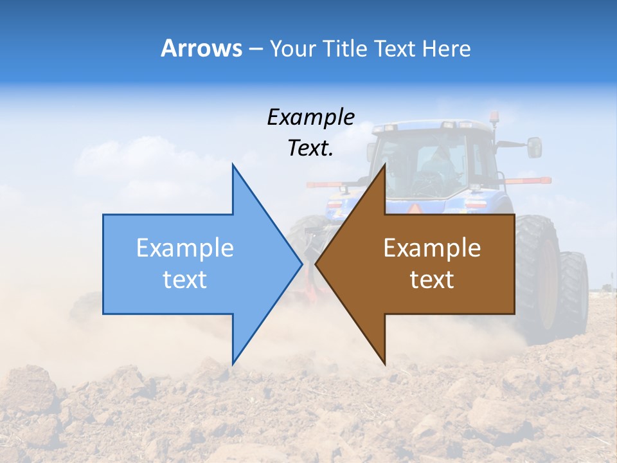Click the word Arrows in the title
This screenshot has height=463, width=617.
(x=201, y=48)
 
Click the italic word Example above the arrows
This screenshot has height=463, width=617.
(x=310, y=118)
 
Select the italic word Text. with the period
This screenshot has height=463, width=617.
(x=310, y=149)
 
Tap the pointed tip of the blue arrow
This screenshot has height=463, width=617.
(x=301, y=264)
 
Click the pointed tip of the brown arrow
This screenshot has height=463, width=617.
(x=316, y=264)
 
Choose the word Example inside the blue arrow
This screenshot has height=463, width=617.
(x=185, y=248)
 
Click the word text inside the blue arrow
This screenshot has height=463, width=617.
(x=185, y=280)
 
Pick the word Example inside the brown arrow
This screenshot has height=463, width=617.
(x=432, y=248)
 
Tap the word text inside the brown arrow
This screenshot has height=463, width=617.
(x=432, y=280)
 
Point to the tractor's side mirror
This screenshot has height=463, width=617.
(x=534, y=147)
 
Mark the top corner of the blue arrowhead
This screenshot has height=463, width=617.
(x=233, y=165)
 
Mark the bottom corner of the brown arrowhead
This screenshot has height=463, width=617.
(x=384, y=363)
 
